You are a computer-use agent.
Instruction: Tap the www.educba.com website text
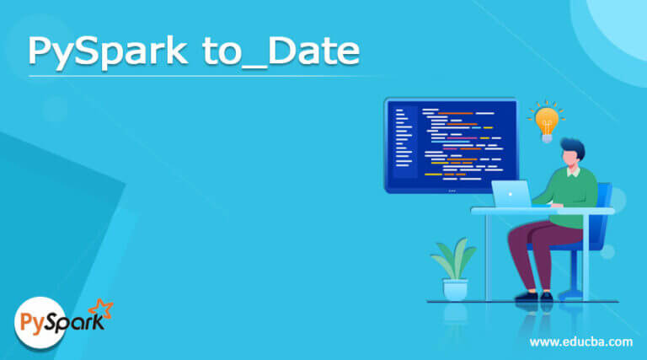coord(580,341)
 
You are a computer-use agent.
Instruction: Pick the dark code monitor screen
coord(452,143)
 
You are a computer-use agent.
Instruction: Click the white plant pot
coord(455,289)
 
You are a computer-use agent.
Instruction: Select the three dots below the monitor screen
coord(452,189)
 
